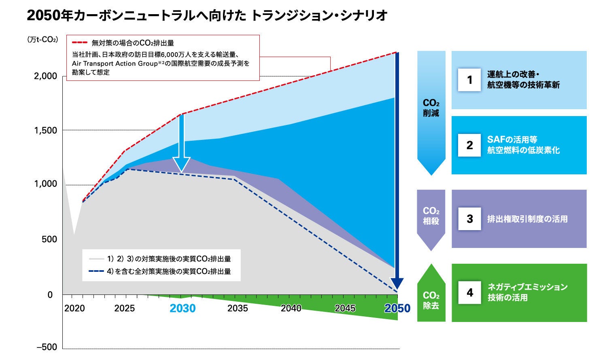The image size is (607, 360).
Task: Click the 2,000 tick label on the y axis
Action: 45,76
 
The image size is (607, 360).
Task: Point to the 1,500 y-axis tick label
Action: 45,131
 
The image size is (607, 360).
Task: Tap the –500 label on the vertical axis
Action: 47,347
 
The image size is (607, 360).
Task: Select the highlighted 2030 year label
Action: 183,308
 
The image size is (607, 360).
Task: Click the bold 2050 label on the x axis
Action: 397,308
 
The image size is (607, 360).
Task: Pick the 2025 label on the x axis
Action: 124,308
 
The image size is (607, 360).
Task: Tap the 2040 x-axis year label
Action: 291,308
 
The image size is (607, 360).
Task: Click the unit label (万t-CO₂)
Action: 42,40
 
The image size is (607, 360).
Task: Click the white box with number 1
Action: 469,80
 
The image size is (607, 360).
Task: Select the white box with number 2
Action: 469,145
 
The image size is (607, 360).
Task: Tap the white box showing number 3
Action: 469,219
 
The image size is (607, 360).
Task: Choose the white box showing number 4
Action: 469,292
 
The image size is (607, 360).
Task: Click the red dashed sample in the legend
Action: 80,42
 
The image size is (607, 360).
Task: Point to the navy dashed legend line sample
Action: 96,271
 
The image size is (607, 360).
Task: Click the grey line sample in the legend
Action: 96,259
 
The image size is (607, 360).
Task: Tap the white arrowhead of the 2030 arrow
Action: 181,164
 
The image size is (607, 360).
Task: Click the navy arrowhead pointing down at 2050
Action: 397,284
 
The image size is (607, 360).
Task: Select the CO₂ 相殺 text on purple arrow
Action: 431,216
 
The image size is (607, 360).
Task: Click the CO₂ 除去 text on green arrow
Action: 431,300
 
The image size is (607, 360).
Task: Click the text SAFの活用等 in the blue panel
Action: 512,140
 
